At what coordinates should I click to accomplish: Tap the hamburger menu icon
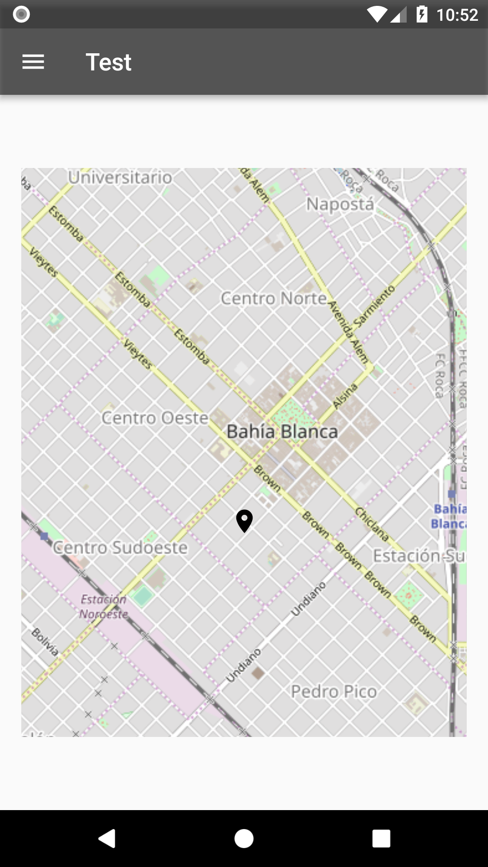click(33, 62)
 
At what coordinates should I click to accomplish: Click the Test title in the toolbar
click(108, 62)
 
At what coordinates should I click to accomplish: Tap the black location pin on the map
click(244, 520)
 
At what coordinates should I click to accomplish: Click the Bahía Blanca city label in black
click(282, 432)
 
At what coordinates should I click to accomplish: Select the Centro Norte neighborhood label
click(273, 298)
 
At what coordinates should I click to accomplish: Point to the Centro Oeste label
click(155, 418)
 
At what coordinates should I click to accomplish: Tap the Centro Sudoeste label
click(120, 547)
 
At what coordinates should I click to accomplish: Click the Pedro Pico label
click(333, 691)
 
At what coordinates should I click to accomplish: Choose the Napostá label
click(340, 204)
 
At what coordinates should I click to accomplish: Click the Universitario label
click(120, 177)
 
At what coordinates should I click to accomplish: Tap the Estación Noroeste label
click(104, 606)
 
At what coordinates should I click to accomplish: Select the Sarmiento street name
click(375, 306)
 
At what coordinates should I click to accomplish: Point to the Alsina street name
click(345, 396)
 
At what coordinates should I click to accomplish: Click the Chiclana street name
click(371, 524)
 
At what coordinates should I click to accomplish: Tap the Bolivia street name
click(45, 641)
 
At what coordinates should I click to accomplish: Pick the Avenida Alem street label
click(348, 332)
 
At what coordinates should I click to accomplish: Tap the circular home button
click(244, 839)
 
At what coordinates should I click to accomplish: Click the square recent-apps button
click(381, 839)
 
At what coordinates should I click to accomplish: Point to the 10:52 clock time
click(457, 15)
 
